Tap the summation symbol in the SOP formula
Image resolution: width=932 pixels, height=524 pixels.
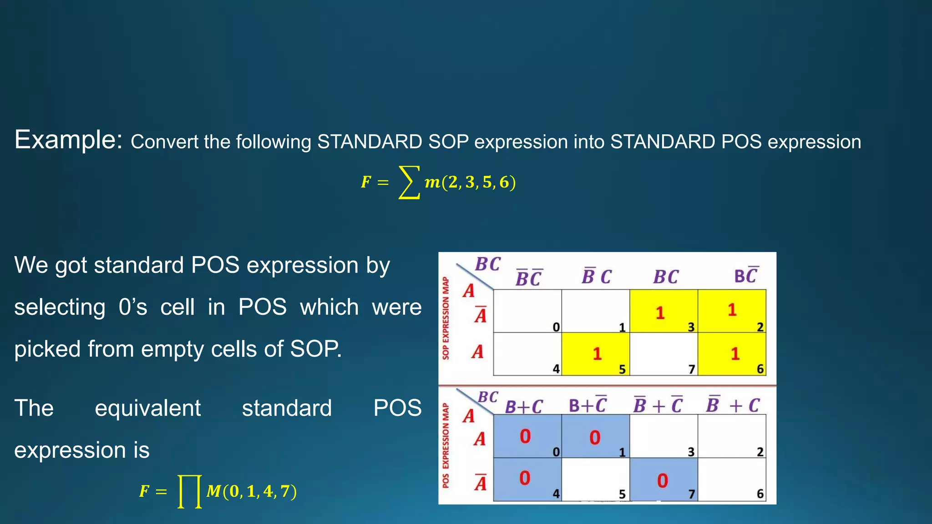pos(408,182)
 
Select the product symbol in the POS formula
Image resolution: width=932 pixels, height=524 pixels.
pos(189,491)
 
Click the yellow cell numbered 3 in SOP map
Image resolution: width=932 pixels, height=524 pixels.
pos(664,311)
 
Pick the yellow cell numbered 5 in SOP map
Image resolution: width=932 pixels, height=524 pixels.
pos(595,354)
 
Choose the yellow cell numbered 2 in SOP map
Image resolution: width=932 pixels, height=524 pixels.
pos(732,311)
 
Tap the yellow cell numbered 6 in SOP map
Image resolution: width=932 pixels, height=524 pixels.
pos(732,354)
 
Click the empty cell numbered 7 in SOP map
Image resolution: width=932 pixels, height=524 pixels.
pos(664,354)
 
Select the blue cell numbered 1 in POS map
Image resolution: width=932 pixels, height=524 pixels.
pos(595,436)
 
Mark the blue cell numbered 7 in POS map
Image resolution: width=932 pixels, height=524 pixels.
pos(664,479)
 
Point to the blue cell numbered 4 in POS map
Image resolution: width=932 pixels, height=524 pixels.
pos(527,479)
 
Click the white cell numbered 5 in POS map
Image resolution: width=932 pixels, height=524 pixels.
pos(595,479)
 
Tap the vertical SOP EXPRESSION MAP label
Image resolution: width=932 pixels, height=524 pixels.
pos(446,318)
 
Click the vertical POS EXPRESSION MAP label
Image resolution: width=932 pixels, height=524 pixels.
pos(446,445)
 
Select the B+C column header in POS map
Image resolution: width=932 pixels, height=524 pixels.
pos(524,406)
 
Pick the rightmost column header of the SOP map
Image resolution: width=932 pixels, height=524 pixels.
pos(746,276)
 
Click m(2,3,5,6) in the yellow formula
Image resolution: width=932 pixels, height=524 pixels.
pos(470,182)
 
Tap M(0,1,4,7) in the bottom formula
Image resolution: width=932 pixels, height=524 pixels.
pos(251,491)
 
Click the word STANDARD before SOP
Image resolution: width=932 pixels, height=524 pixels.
pos(370,142)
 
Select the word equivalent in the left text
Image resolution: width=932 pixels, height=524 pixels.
pos(147,408)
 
